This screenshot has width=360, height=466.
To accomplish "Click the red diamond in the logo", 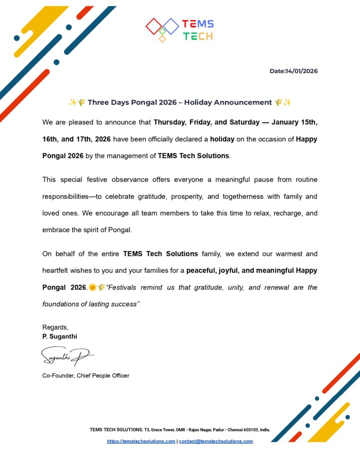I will click(x=154, y=26).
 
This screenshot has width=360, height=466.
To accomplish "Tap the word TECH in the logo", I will click(x=198, y=36).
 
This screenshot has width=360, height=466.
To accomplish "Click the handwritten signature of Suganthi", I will click(x=66, y=355).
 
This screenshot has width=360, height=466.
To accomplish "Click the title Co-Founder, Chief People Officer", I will click(x=86, y=375).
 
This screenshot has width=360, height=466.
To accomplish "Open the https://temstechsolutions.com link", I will click(x=141, y=441).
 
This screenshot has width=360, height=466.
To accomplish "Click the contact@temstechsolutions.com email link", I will click(x=216, y=441).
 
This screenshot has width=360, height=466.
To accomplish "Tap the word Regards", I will click(x=55, y=327).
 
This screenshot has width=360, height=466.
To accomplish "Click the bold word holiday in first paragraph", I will click(x=222, y=139).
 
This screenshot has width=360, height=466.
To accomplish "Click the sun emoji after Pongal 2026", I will click(x=92, y=287).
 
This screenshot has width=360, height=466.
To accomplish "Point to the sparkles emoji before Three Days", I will click(x=72, y=102).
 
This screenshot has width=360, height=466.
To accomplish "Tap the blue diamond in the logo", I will click(x=171, y=26).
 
